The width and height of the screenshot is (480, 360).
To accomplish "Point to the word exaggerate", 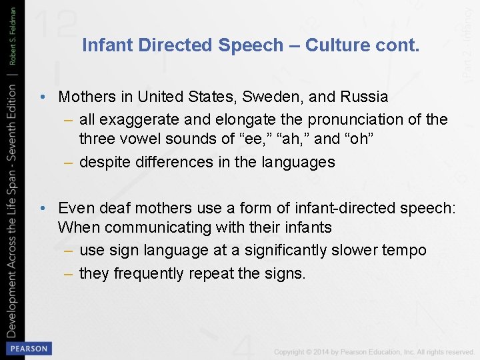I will (x=135, y=120).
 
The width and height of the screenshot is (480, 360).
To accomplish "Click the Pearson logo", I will (x=27, y=348).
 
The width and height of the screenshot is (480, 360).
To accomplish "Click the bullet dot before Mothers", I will (x=42, y=97).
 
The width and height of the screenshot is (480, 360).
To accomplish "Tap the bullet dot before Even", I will (x=42, y=208).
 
